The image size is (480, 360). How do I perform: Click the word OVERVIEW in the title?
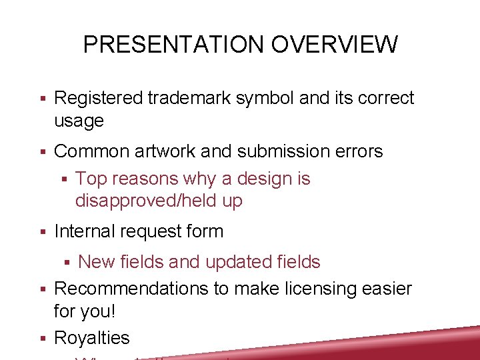point(333,45)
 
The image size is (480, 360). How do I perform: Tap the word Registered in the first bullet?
point(98,98)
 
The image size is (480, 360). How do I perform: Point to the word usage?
point(79,121)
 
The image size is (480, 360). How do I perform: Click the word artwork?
point(163,151)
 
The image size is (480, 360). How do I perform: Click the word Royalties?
point(91,338)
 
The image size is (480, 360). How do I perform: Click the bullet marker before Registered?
point(42,99)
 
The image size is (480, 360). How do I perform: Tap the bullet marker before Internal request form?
point(42,232)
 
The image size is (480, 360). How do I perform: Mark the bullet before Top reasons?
point(64,179)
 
